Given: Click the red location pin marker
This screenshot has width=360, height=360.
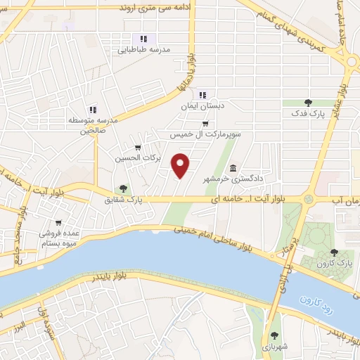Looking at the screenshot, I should tap(182, 165).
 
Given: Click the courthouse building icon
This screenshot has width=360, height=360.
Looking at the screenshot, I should tap(233, 167).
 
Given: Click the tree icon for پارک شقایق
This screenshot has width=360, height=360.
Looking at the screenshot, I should tap(124, 188).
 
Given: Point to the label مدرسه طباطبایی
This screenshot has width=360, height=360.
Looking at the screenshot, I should tap(143, 51).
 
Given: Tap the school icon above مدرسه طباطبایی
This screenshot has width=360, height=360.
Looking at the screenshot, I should tap(143, 39).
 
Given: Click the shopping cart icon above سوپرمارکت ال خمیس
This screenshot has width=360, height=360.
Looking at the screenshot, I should tap(205, 123).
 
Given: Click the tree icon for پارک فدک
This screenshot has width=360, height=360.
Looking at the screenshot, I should tap(307, 103).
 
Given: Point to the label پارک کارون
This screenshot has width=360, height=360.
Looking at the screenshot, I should tap(334, 262).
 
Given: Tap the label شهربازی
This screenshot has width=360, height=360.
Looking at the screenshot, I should tap(272, 347).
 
